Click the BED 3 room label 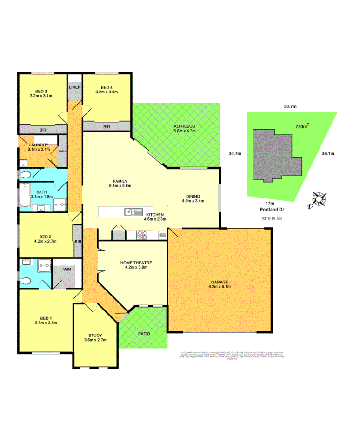pos(40,91)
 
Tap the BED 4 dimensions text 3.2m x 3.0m pos(106,92)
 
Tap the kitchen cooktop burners pos(141,236)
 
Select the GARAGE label pos(218,283)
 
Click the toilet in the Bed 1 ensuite pos(26,281)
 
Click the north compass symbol pos(319,199)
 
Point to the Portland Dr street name pos(269,209)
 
